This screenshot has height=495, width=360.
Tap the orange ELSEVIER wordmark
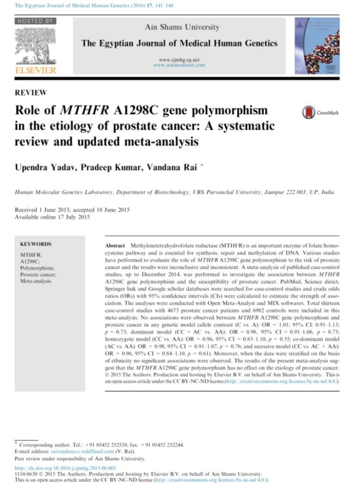coord(36,70)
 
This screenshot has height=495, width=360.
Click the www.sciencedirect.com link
coord(179,65)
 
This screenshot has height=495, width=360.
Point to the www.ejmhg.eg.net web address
coord(179,59)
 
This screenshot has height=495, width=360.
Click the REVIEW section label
coord(31,92)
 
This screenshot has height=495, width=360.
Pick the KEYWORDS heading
coord(36,244)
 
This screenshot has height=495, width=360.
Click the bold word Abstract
coord(115,246)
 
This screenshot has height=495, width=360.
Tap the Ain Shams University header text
coord(182,27)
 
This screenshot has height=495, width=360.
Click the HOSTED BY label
coord(35,21)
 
